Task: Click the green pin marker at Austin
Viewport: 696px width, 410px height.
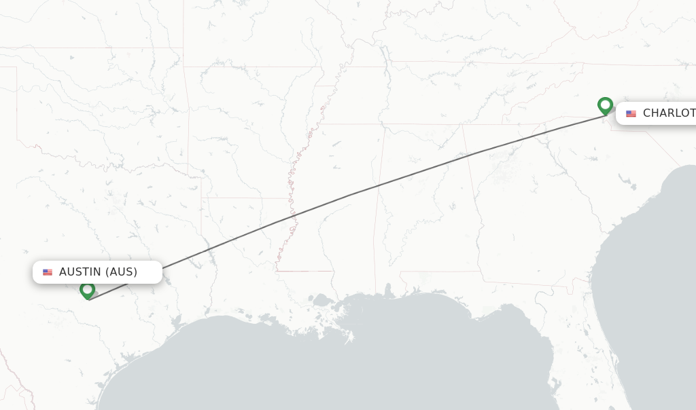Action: [x=87, y=290]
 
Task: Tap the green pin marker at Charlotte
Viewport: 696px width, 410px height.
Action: [x=605, y=106]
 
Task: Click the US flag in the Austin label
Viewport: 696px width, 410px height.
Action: [x=48, y=272]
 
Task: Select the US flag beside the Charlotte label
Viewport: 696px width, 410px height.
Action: [x=631, y=113]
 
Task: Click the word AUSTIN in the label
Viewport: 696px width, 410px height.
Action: [x=80, y=272]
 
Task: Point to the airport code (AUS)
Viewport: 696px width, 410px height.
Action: [x=121, y=272]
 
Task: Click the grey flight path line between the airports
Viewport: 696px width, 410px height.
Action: [x=348, y=195]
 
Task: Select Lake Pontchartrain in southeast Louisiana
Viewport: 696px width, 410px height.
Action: [x=320, y=299]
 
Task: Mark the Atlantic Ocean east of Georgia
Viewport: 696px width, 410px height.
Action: [x=652, y=258]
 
